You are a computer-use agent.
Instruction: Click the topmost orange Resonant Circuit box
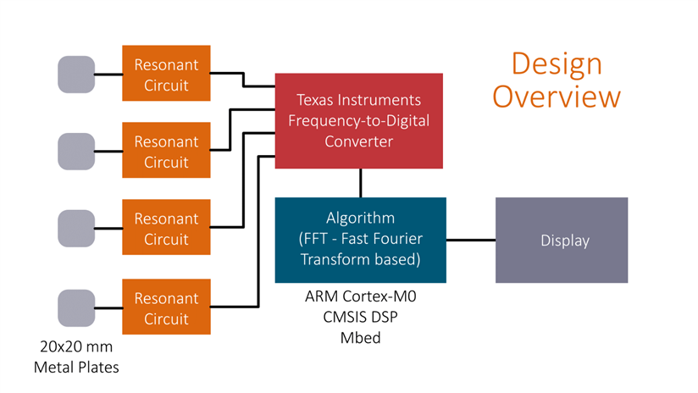166,75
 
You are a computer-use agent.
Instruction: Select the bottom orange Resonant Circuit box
166,308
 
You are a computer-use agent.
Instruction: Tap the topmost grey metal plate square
76,75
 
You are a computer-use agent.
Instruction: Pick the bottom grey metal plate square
76,308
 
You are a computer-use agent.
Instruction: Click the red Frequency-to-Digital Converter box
358,120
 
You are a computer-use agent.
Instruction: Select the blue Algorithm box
361,240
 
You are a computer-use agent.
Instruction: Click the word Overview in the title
557,96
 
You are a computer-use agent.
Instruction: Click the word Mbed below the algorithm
361,337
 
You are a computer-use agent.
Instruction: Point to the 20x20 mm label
76,346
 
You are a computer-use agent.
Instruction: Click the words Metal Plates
76,367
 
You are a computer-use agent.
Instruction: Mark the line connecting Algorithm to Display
471,241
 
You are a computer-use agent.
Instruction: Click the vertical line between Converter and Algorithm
361,182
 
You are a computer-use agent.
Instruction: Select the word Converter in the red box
358,141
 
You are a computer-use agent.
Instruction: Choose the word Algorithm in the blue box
361,218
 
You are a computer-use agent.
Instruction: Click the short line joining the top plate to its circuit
108,75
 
